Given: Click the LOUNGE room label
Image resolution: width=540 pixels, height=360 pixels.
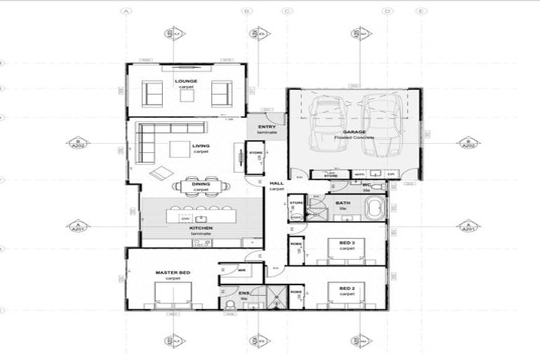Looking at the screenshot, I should tap(186, 81).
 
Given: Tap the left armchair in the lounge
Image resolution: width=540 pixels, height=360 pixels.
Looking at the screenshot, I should tap(152, 94).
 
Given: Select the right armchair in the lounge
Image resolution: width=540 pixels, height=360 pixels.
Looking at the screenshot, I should tap(221, 94).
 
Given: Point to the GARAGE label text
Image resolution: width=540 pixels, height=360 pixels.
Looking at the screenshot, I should tap(353, 131).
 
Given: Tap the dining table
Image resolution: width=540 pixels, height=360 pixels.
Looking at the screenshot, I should tap(202, 186).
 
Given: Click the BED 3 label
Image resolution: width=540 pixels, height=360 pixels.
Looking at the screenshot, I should tap(347, 243).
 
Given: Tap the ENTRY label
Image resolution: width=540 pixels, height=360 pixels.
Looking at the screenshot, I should tap(266, 127).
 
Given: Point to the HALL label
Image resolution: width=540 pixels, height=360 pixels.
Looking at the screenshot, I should tap(277, 184).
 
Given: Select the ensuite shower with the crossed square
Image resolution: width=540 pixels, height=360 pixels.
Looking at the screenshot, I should tap(278, 298).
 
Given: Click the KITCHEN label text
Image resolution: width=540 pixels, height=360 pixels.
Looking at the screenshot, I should tap(201, 229).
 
